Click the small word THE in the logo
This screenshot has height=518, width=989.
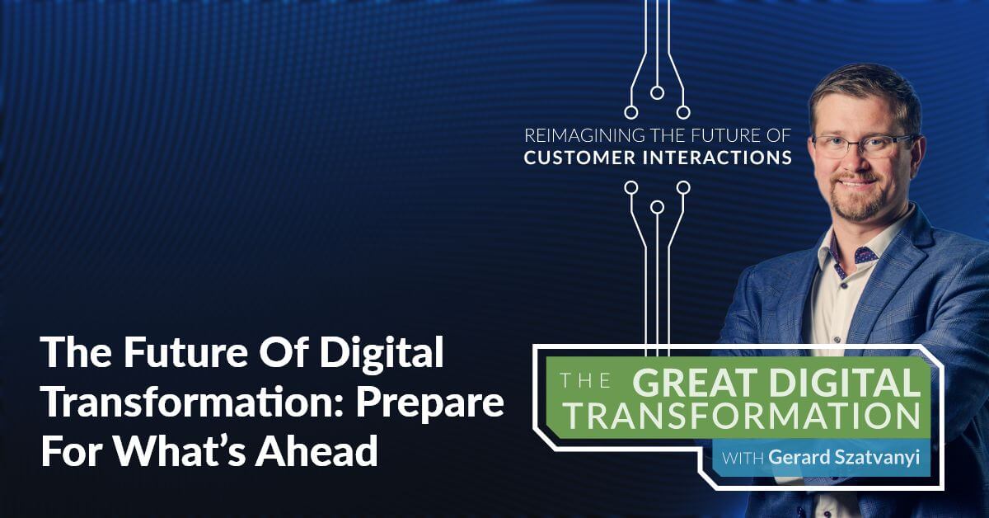point(585,381)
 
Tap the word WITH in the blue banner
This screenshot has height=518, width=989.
point(743,457)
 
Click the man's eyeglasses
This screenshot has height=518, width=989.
point(862,145)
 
